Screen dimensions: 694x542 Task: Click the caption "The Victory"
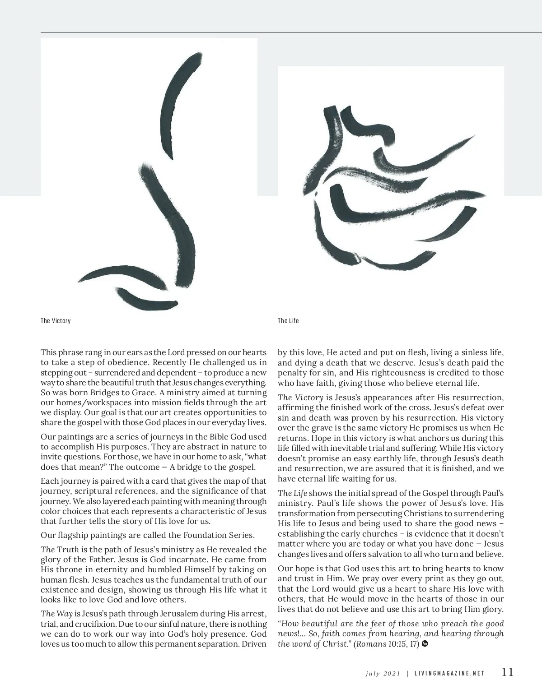(x=56, y=321)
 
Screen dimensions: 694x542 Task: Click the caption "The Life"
(x=288, y=321)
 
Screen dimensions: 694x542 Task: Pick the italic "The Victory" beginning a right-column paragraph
(x=300, y=398)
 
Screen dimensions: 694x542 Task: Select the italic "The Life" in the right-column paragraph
(x=292, y=493)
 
